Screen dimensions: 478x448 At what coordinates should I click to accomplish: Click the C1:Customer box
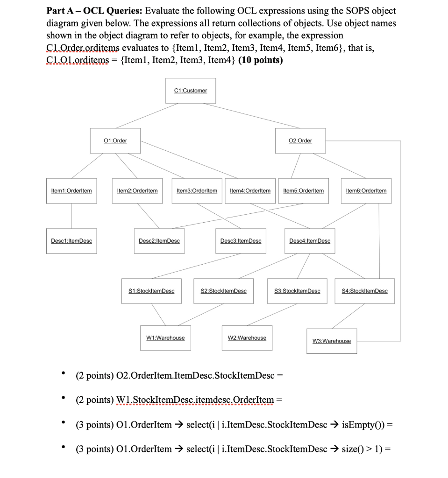[x=190, y=91]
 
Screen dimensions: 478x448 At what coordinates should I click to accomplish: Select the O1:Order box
[x=115, y=141]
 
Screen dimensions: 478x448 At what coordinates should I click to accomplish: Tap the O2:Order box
[x=300, y=141]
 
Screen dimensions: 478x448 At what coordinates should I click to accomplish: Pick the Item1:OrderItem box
[x=71, y=190]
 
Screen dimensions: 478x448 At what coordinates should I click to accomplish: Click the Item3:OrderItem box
[x=197, y=190]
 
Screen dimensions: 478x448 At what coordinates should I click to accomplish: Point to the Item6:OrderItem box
[x=366, y=190]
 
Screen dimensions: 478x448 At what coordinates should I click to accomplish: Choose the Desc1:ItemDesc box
[x=71, y=241]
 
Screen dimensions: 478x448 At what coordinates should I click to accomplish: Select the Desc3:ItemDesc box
[x=241, y=241]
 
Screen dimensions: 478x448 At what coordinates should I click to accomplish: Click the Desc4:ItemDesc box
[x=310, y=241]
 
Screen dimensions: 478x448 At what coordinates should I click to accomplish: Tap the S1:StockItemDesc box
[x=151, y=291]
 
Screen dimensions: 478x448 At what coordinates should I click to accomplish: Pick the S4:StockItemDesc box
[x=365, y=291]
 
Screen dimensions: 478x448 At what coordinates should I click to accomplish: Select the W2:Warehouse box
[x=247, y=337]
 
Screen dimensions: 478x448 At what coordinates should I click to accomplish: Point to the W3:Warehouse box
[x=331, y=341]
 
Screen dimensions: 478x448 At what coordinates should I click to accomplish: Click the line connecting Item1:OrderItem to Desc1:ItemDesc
[x=71, y=216]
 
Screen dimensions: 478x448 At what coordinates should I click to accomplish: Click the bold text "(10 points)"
[x=261, y=60]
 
